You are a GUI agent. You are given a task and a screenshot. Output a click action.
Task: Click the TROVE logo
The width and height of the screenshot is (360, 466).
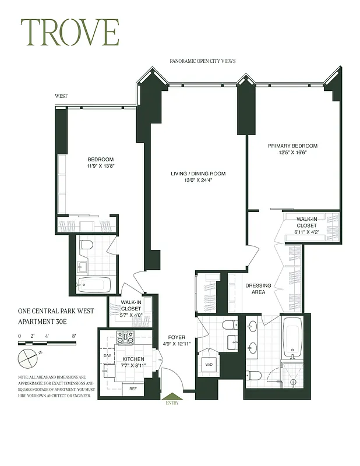pos(70,33)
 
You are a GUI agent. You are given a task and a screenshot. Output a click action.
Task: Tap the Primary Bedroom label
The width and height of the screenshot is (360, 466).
pos(292,146)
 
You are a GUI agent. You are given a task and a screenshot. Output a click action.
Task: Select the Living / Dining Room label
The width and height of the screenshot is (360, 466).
pos(198,174)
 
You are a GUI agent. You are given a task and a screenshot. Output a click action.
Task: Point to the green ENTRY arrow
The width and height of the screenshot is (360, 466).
pos(172,398)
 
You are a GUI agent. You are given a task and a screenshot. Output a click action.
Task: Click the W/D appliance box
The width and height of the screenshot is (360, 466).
pos(207,366)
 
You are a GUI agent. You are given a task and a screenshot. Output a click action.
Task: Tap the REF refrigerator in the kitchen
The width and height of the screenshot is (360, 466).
pos(133,389)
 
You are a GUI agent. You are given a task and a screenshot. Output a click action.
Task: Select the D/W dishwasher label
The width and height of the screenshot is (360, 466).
pos(107,355)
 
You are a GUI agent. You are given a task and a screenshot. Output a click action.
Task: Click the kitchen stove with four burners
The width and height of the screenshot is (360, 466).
pos(126,337)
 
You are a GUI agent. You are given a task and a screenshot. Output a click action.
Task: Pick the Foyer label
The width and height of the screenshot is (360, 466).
pos(177,336)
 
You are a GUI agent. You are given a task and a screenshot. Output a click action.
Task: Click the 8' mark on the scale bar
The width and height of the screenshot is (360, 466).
pos(74,336)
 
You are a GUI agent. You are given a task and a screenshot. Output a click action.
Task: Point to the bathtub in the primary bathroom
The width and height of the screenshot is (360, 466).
pos(292,338)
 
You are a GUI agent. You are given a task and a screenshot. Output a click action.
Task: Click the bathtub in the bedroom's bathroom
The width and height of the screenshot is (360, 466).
pos(94,285)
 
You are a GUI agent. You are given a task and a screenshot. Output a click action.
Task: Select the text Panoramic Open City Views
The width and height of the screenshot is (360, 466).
pos(202,61)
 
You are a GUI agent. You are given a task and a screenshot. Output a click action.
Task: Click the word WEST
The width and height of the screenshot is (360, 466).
pos(61,96)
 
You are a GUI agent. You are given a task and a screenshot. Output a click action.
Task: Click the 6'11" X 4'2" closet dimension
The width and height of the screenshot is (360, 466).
pos(306,232)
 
